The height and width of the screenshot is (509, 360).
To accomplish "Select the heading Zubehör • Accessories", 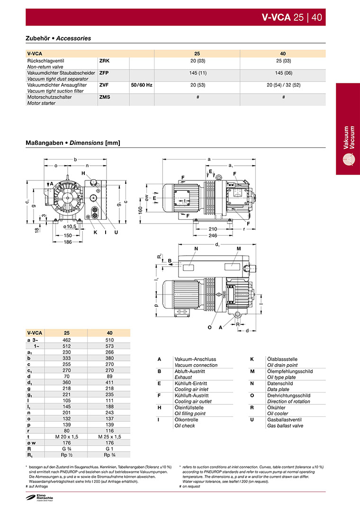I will click(x=58, y=38).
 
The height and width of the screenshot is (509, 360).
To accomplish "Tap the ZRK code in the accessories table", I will click(x=105, y=61).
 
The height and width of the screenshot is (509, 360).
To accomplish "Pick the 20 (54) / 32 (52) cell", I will click(x=283, y=85).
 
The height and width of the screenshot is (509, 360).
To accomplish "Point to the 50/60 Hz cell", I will click(x=142, y=85).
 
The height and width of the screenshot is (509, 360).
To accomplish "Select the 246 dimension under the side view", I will click(x=213, y=235).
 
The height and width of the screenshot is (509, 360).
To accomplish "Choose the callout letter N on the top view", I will click(x=196, y=249).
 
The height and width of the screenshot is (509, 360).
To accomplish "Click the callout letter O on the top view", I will click(x=209, y=327).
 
